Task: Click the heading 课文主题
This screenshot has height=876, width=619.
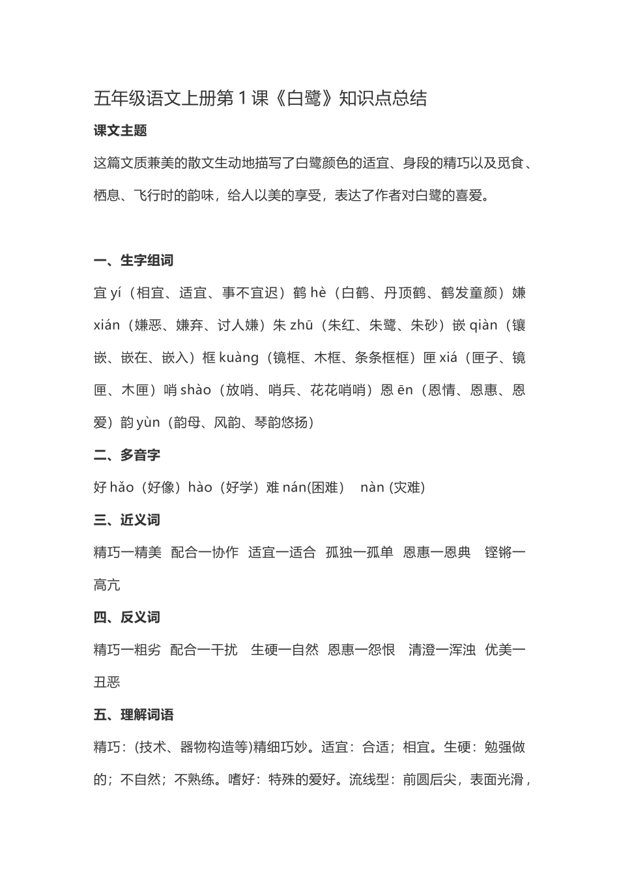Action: pyautogui.click(x=121, y=130)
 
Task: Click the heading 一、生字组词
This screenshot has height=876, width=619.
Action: pyautogui.click(x=134, y=261)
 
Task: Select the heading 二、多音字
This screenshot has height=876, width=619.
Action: pyautogui.click(x=127, y=455)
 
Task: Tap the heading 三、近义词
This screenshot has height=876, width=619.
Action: pyautogui.click(x=127, y=520)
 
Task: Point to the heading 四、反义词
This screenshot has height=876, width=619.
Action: pyautogui.click(x=127, y=617)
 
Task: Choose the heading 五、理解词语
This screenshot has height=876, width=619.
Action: pyautogui.click(x=134, y=715)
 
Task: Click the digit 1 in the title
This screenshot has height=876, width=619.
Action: pyautogui.click(x=242, y=98)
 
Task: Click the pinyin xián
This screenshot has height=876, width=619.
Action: pyautogui.click(x=107, y=325)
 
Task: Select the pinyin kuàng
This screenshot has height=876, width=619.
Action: pyautogui.click(x=238, y=358)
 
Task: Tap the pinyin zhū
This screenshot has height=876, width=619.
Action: pyautogui.click(x=302, y=325)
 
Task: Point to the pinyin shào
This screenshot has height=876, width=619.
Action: pyautogui.click(x=195, y=390)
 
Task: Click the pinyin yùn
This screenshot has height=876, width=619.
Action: pyautogui.click(x=148, y=423)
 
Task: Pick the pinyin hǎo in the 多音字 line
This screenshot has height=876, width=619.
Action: pyautogui.click(x=122, y=488)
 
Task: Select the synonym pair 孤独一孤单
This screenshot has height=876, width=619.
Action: pyautogui.click(x=360, y=553)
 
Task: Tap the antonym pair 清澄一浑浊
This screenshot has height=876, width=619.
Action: pyautogui.click(x=442, y=650)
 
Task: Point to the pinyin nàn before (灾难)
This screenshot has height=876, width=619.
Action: pyautogui.click(x=372, y=488)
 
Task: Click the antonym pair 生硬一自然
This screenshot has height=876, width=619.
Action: pyautogui.click(x=285, y=650)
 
